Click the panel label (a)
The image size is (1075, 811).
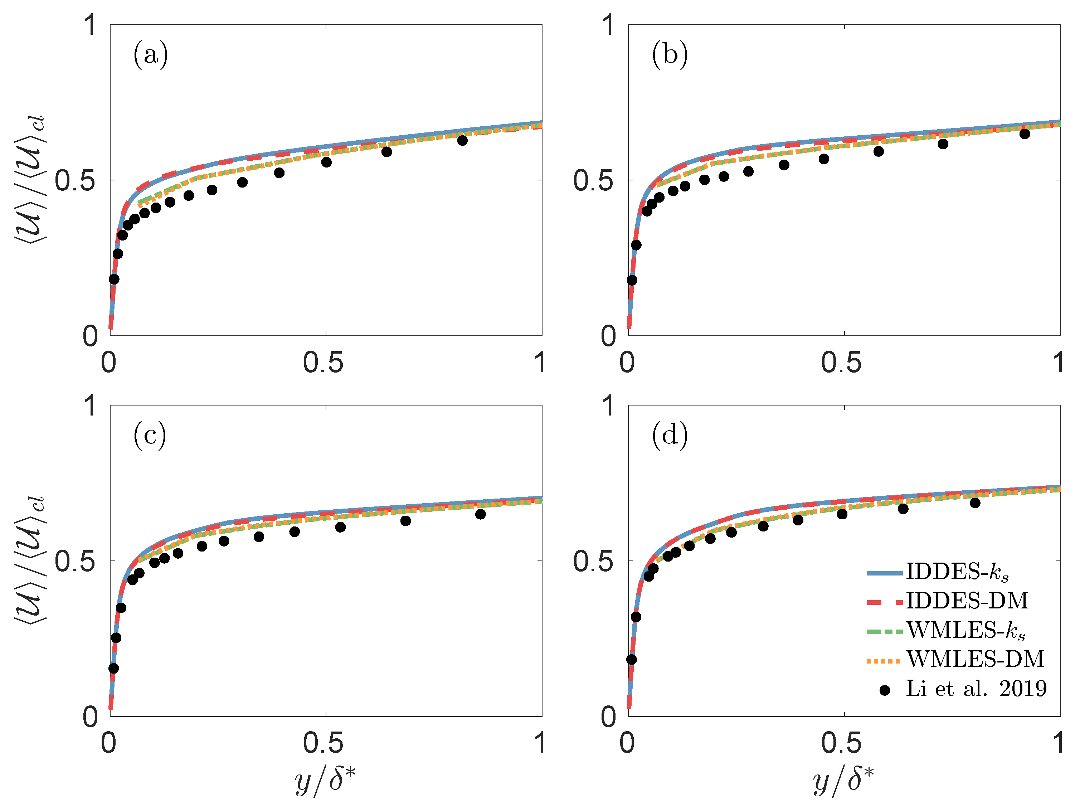click(151, 54)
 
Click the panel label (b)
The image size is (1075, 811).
click(670, 54)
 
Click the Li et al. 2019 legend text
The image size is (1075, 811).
click(976, 689)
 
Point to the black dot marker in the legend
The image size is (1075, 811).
click(885, 690)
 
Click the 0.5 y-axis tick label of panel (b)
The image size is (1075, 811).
click(593, 181)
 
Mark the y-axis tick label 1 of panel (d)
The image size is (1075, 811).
click(608, 406)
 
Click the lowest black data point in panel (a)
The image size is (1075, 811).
click(114, 279)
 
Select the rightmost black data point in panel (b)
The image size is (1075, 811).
click(1025, 133)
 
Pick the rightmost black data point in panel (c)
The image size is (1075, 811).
click(480, 514)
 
